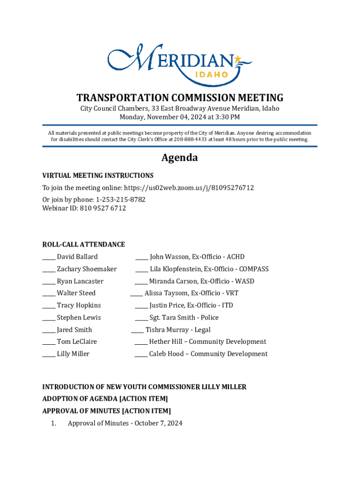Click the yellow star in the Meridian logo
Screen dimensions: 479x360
tap(238, 59)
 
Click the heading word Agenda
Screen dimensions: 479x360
tap(180, 158)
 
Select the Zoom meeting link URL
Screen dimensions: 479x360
tap(189, 188)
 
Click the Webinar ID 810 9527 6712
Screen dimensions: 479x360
tap(102, 208)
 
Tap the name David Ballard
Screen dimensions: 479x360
tap(77, 257)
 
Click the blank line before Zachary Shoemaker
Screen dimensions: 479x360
tap(49, 270)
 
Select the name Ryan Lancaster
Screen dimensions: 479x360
tap(80, 281)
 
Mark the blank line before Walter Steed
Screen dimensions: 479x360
tap(49, 294)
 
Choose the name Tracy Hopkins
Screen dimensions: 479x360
tap(79, 305)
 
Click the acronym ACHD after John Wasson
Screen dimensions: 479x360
tap(236, 257)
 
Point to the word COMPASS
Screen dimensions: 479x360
tap(253, 269)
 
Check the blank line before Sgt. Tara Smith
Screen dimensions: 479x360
tap(141, 319)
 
